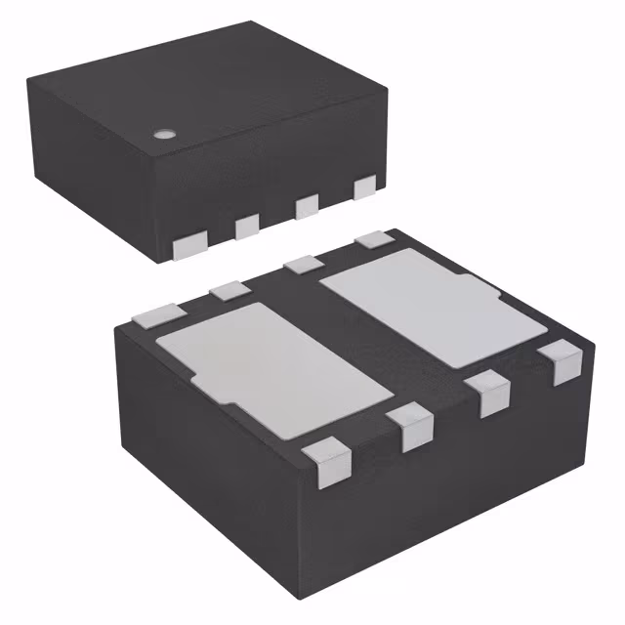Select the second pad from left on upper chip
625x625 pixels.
click(x=246, y=226)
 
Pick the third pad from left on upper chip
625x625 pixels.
click(x=307, y=204)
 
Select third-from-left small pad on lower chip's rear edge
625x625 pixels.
click(x=305, y=261)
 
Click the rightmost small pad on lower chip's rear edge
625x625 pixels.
click(x=370, y=238)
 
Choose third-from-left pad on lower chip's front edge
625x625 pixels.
click(x=491, y=395)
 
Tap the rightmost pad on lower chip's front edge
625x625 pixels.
click(x=564, y=364)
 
